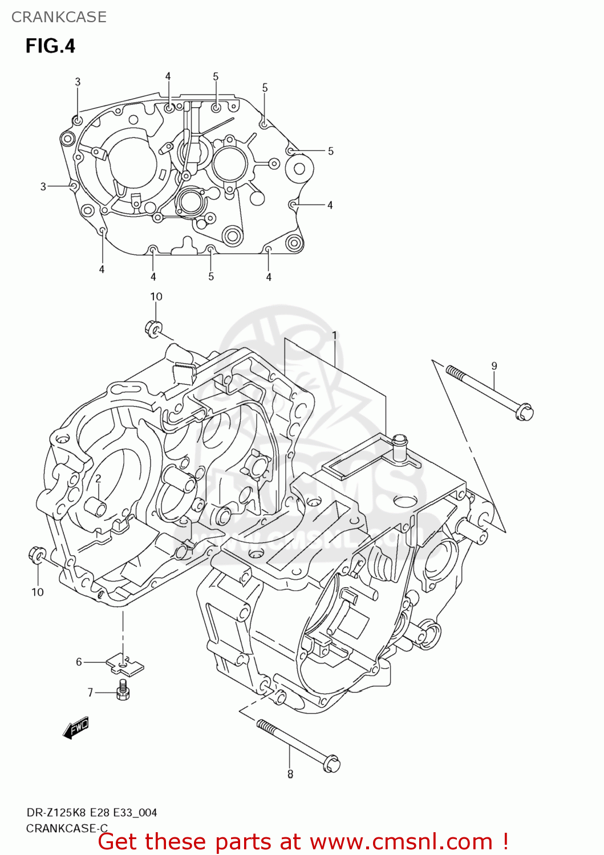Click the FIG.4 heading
[x=50, y=46]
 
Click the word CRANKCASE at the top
[x=59, y=17]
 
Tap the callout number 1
[x=334, y=336]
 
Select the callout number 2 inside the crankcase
[x=98, y=478]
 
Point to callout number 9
[x=494, y=366]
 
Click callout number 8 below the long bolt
[x=290, y=774]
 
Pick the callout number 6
[x=79, y=662]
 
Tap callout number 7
[x=90, y=693]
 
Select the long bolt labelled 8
[x=298, y=745]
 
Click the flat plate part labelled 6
[x=125, y=665]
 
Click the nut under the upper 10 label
[x=153, y=329]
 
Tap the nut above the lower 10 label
[x=37, y=554]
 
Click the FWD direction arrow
[x=76, y=728]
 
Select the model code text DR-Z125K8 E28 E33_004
[x=91, y=813]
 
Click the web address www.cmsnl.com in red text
[x=401, y=841]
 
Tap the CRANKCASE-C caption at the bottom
[x=67, y=828]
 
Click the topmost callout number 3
[x=78, y=82]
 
